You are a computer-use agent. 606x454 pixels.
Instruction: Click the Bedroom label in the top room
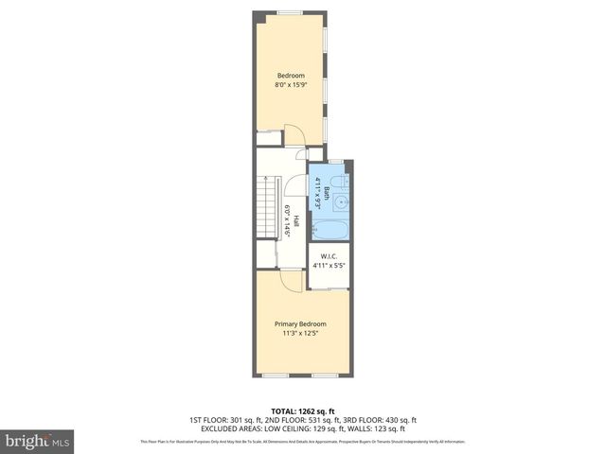pyautogui.click(x=291, y=76)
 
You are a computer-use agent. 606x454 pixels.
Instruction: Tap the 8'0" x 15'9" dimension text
pyautogui.click(x=291, y=85)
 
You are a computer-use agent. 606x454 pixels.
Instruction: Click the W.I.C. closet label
pyautogui.click(x=330, y=255)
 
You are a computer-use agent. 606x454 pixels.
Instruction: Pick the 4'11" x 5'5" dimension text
pyautogui.click(x=330, y=266)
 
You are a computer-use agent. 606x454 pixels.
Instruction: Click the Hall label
pyautogui.click(x=296, y=221)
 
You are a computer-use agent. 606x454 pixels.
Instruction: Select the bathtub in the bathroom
pyautogui.click(x=330, y=229)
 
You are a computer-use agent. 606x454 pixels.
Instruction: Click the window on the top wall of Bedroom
pyautogui.click(x=290, y=11)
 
